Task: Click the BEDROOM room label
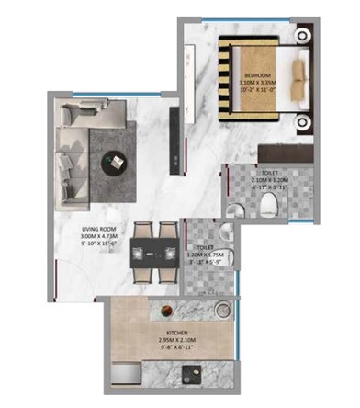point(257,74)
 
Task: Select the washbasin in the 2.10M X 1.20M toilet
point(290,204)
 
